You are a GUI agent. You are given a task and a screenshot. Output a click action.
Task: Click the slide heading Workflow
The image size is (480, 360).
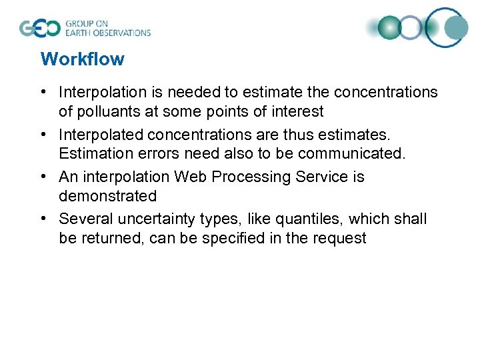point(82,59)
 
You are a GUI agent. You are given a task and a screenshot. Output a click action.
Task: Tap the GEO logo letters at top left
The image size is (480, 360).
point(39,28)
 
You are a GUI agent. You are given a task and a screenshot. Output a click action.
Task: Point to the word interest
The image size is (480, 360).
point(297,111)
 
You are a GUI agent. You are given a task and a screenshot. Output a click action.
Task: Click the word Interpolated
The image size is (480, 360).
point(101,135)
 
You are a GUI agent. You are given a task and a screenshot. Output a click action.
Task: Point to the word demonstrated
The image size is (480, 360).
point(107,196)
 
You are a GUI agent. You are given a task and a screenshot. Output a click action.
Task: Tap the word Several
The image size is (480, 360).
point(84,219)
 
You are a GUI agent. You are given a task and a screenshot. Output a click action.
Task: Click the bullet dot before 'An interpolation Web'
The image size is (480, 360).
point(45,177)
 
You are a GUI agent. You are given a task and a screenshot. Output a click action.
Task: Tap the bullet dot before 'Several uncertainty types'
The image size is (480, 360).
point(45,219)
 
